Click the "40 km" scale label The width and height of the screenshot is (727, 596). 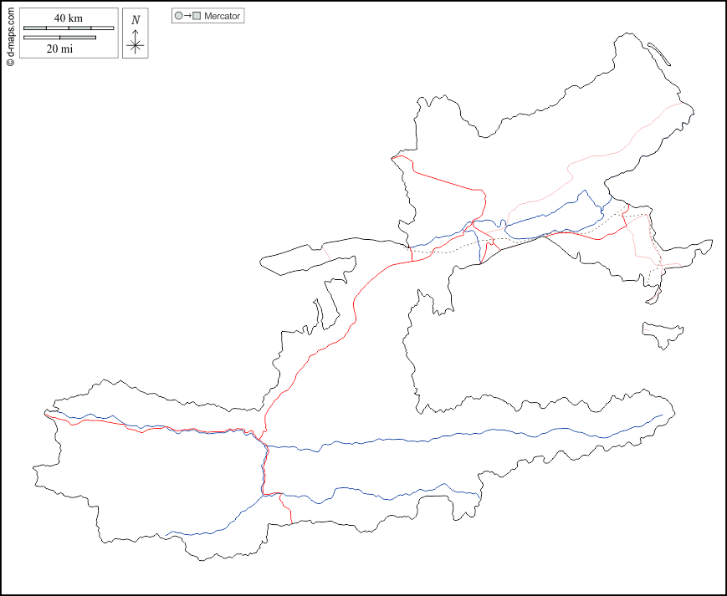click(68, 18)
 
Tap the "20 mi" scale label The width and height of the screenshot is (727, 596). click(59, 48)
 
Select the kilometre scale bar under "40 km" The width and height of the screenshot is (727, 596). click(68, 28)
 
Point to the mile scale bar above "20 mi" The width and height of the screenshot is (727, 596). click(59, 37)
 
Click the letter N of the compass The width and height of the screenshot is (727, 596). click(136, 20)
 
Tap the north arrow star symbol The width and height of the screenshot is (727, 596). click(136, 45)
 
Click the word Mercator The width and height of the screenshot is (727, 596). click(222, 16)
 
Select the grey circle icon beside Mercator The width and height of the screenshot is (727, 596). click(178, 16)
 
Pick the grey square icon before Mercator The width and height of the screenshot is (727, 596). click(197, 16)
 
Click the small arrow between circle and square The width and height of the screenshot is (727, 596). click(187, 16)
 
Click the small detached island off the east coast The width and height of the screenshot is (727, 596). click(663, 333)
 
